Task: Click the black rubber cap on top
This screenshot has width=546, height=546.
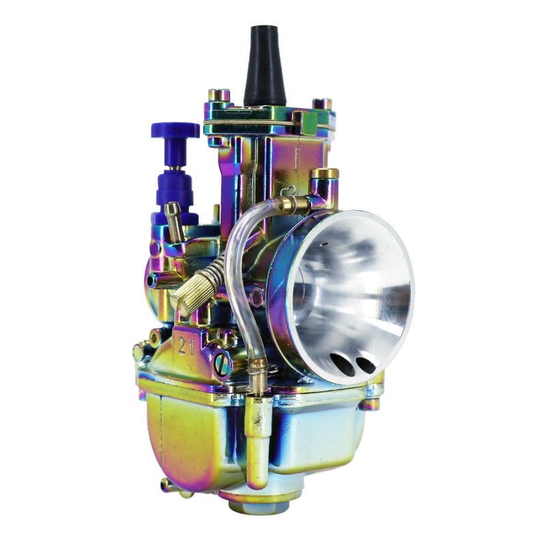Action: [264, 65]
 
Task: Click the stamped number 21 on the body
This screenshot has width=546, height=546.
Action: [186, 345]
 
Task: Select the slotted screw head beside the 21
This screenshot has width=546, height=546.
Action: [222, 366]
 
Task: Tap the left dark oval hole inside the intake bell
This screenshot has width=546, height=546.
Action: [343, 365]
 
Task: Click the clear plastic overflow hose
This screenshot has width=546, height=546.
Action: [235, 273]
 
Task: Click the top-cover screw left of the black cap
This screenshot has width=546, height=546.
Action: [218, 95]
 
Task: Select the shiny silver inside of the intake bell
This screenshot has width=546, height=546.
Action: [355, 293]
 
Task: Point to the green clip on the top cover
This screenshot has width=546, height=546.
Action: [305, 123]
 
